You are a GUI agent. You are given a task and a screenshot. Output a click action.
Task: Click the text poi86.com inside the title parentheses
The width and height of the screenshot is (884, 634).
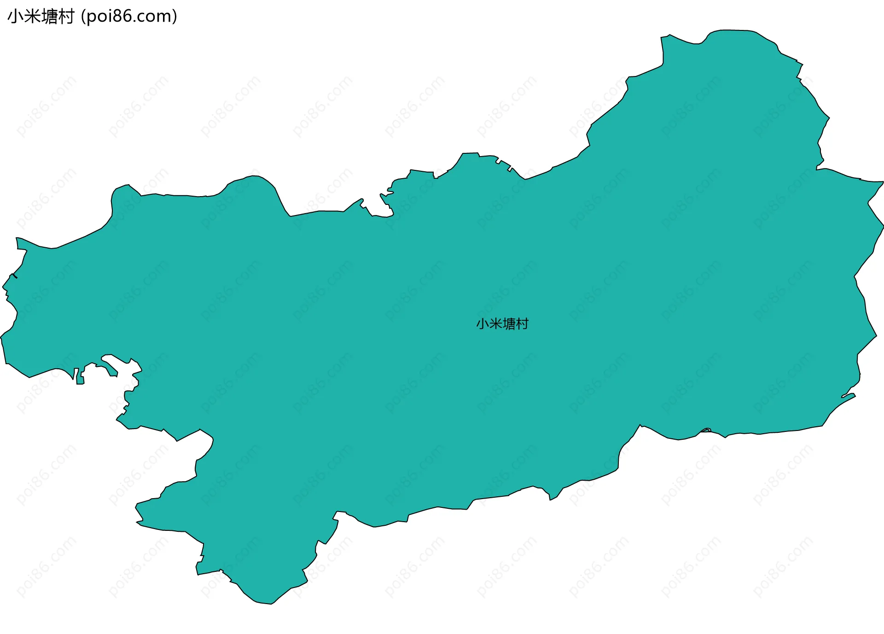point(129,17)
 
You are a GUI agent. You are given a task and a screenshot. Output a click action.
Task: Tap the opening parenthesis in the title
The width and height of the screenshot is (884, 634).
point(83,17)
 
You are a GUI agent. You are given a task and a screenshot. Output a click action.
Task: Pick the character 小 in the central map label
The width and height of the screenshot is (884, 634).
point(482,324)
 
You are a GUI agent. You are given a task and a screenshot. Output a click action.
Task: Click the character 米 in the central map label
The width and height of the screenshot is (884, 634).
point(495,324)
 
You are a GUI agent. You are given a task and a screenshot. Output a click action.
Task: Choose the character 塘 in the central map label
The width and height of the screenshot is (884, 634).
point(509,324)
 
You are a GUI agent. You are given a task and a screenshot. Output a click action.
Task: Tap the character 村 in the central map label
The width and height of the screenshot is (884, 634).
point(522,324)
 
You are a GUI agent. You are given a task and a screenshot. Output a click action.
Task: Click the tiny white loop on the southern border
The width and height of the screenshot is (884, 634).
point(706,431)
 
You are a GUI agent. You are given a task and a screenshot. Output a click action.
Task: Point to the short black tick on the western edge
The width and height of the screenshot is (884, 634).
point(15,276)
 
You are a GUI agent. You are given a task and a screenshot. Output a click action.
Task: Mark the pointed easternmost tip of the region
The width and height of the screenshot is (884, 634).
point(883,182)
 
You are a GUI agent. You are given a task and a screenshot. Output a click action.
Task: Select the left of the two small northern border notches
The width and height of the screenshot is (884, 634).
point(498,161)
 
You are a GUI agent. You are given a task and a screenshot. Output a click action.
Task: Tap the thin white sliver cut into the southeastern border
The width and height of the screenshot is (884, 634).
point(848,395)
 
